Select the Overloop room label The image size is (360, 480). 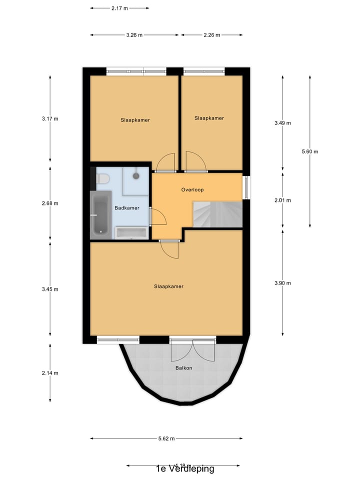(x=192, y=190)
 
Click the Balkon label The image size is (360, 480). (x=183, y=368)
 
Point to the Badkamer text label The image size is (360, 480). (x=126, y=208)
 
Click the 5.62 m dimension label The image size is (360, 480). (x=166, y=438)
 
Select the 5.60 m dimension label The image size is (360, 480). (x=310, y=151)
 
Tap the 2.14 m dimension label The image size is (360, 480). (x=50, y=373)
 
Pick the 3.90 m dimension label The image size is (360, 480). (x=283, y=283)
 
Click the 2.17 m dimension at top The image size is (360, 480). (x=119, y=8)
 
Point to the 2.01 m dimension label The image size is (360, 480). (x=283, y=200)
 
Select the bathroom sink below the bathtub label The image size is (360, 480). (x=131, y=233)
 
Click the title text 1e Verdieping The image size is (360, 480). (x=185, y=469)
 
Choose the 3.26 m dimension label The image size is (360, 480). (x=134, y=35)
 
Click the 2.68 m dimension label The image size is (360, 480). (x=50, y=203)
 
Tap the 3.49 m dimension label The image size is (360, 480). (x=283, y=123)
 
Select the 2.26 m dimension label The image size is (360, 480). (x=212, y=35)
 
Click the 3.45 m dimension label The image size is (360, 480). (x=50, y=289)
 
